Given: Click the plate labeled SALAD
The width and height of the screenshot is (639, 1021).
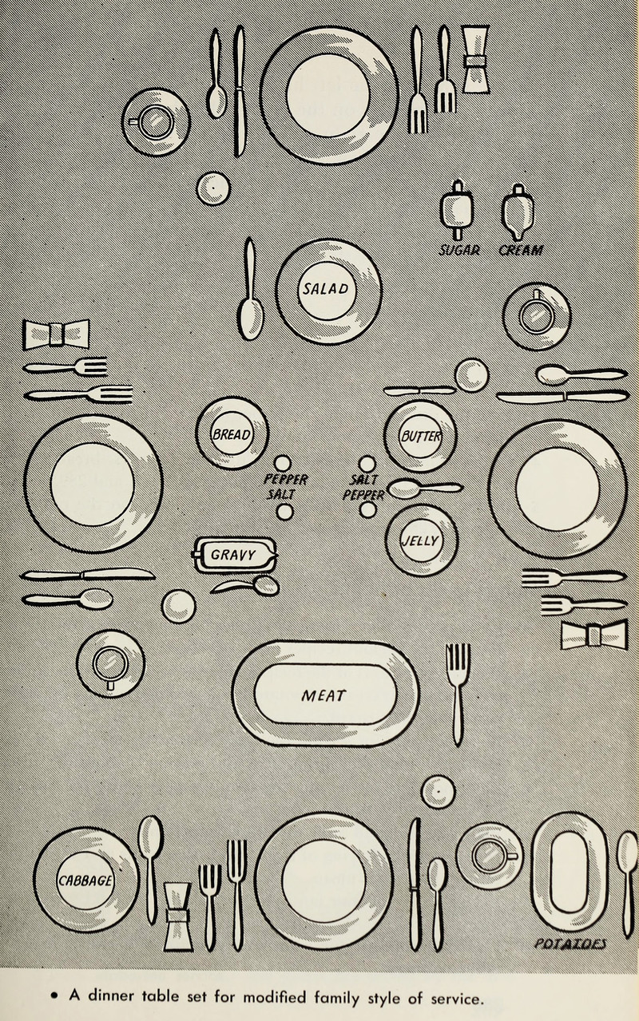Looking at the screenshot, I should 328,289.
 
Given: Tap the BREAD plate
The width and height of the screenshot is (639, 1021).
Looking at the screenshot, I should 232,433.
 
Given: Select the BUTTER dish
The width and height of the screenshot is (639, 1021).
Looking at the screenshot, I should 420,436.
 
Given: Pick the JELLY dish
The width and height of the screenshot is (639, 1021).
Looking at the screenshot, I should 421,540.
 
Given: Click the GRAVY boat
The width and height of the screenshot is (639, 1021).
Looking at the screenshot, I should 236,554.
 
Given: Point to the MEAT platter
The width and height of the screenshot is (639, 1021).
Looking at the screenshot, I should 325,694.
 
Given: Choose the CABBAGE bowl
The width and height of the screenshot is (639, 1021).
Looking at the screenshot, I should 86,879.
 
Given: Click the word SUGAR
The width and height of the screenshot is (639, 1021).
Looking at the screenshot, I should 460,250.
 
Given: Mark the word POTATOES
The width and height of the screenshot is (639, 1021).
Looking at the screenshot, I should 570,944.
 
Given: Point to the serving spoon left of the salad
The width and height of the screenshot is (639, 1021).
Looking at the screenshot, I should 252,291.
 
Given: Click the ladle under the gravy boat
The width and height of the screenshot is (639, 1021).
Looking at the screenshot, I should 248,587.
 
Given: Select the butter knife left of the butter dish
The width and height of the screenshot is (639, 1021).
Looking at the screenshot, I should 419,390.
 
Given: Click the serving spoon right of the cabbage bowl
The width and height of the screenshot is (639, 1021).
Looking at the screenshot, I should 150,866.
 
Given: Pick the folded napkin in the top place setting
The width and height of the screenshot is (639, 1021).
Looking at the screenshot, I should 474,60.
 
